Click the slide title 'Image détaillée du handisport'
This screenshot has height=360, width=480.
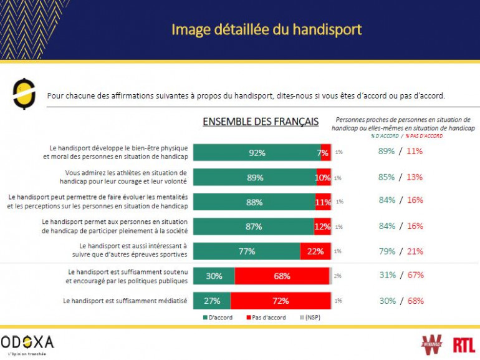266,29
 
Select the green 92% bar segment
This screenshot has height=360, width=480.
257,152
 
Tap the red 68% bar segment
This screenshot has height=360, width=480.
282,276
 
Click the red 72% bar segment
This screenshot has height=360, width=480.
280,301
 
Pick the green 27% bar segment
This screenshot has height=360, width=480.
211,301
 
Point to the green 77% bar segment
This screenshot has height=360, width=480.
246,251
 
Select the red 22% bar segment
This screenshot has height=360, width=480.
315,251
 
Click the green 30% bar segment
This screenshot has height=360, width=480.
213,276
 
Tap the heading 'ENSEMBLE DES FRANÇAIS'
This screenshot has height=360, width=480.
261,122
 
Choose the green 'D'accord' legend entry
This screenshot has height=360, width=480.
218,318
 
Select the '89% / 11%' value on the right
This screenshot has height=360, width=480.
400,152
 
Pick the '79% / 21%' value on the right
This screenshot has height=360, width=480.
400,251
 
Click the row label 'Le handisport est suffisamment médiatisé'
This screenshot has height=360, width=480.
125,301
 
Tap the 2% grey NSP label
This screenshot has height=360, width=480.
337,276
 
